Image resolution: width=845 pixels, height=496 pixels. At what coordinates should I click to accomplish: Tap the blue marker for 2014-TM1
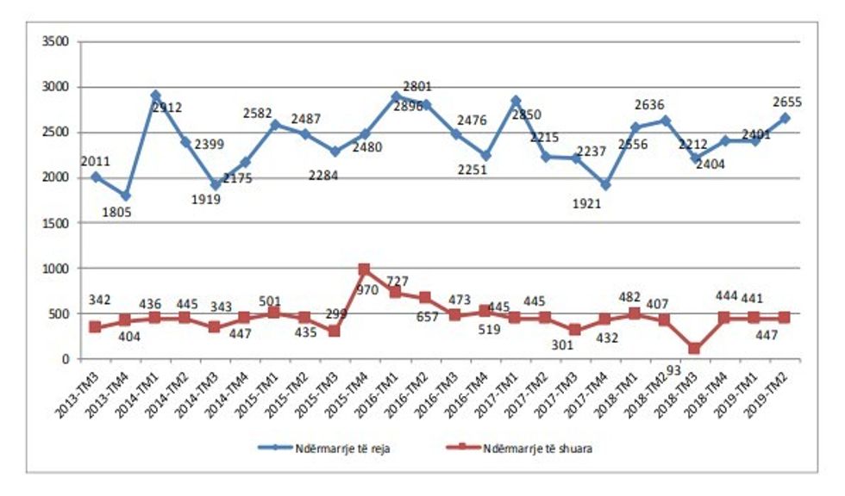pos(155,96)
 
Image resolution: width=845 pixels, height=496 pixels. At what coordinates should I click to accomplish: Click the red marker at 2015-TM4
pos(365,270)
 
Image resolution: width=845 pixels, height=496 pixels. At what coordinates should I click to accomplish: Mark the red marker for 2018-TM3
pos(694,349)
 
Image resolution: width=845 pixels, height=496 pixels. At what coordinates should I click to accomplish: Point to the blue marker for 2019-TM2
pos(785,118)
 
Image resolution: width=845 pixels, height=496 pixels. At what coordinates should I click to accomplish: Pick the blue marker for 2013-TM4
pos(125,195)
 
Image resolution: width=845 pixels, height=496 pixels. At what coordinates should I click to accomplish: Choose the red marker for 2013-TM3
pos(95,327)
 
